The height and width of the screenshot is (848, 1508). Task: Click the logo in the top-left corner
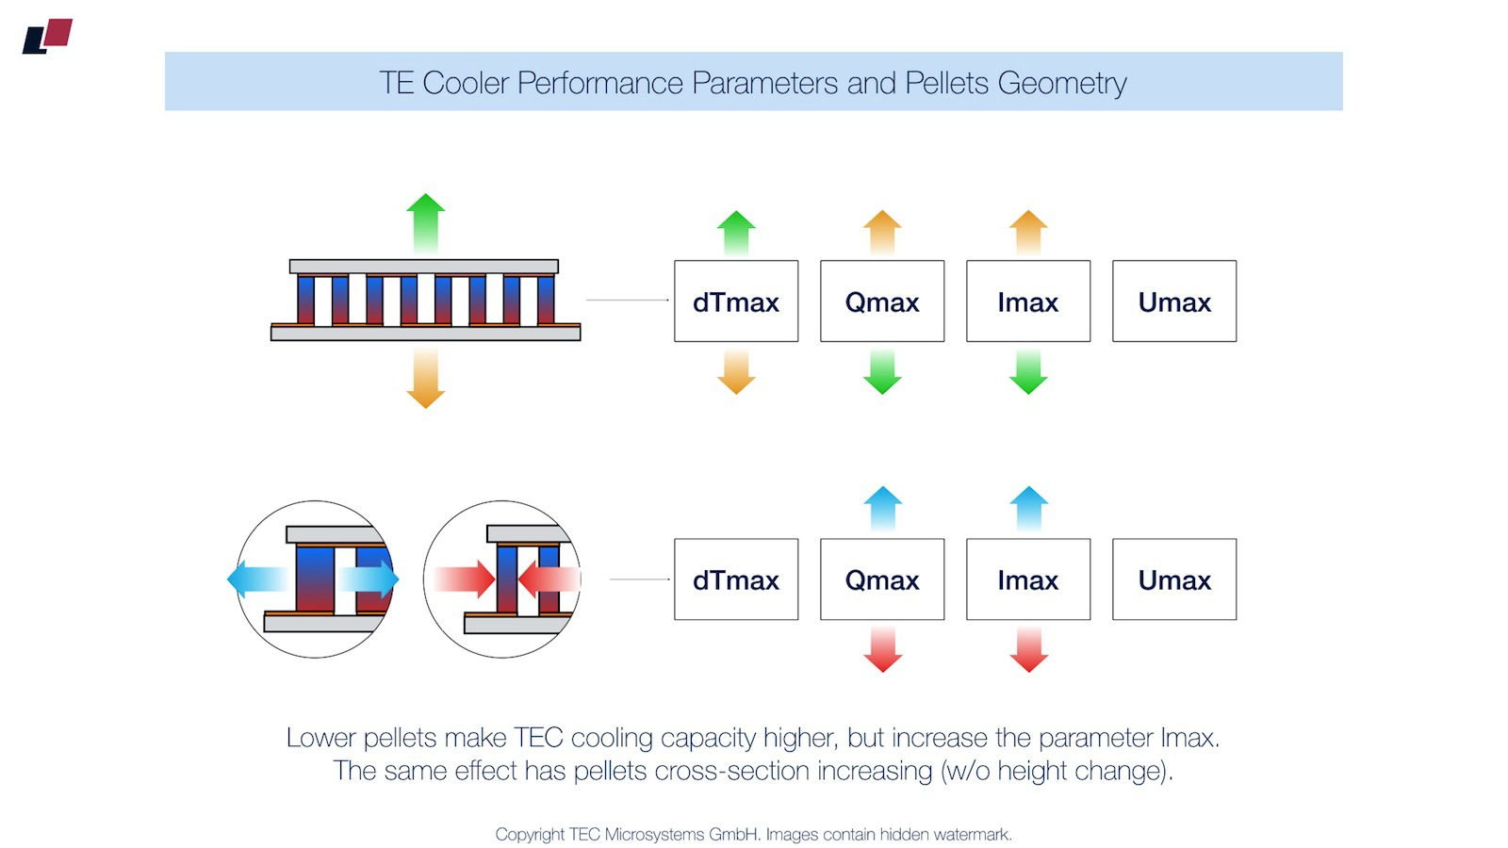(x=47, y=37)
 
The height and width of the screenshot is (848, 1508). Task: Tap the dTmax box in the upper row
(x=736, y=302)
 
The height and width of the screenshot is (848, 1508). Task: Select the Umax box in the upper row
(x=1174, y=302)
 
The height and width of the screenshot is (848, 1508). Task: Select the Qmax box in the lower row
(x=882, y=579)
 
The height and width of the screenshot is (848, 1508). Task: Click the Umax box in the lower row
(x=1174, y=579)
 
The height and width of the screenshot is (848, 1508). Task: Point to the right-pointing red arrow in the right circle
(x=467, y=579)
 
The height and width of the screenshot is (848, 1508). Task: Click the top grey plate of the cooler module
(x=424, y=267)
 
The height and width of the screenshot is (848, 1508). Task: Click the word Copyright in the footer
(x=530, y=835)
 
